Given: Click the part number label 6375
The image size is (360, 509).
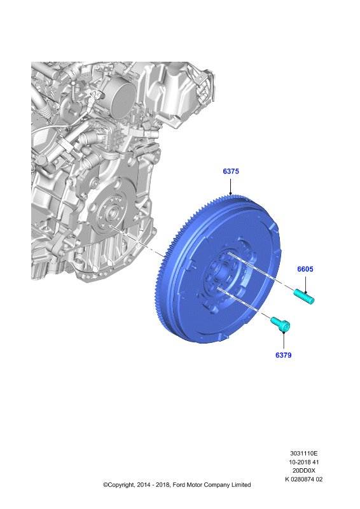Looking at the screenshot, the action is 231,171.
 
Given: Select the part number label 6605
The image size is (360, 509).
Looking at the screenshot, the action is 305,269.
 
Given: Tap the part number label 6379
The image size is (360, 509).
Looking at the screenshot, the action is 284,355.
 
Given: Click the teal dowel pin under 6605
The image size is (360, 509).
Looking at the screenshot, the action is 304,296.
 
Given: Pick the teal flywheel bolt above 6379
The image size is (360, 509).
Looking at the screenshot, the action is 280,324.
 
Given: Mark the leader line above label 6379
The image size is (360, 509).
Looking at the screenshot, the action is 284,341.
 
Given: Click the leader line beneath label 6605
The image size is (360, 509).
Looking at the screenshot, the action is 305,282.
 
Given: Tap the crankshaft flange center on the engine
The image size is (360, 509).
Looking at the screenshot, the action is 112,213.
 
